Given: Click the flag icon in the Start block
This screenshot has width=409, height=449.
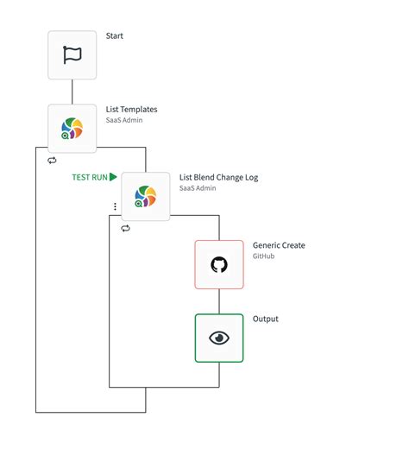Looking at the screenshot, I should (x=72, y=55).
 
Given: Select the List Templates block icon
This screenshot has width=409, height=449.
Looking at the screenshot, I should (x=72, y=129).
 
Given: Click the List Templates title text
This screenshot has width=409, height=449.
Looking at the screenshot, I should (x=131, y=110).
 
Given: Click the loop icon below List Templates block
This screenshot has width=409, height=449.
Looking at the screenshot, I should (x=52, y=161).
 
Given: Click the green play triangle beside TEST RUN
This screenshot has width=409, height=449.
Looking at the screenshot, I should (x=113, y=177).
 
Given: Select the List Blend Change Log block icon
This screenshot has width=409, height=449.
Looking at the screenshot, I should (x=145, y=196).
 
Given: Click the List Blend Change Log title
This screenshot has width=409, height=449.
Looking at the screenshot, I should (x=218, y=178).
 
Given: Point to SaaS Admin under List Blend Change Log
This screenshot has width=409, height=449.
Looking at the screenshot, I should (x=197, y=189).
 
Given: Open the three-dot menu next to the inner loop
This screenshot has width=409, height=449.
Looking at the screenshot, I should (x=115, y=207).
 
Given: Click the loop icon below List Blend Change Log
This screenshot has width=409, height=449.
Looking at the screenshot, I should (x=125, y=228).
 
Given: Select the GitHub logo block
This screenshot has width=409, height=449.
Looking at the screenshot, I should (x=219, y=264).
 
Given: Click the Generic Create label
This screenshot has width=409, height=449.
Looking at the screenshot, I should (x=279, y=245).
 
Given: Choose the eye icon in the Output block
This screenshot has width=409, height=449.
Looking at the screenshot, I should (x=219, y=338).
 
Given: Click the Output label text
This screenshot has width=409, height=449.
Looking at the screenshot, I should (x=266, y=319).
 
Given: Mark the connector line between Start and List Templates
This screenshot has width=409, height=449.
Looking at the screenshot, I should (x=72, y=92).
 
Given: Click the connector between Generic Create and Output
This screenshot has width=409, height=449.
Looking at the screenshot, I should (x=219, y=300).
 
